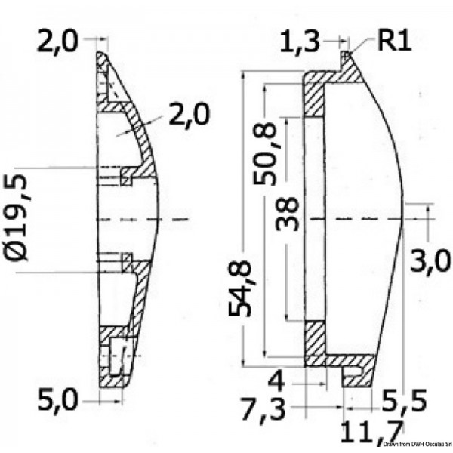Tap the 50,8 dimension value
tap(264, 154)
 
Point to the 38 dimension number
tap(287, 214)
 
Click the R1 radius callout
tap(394, 41)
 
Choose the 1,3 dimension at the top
tap(300, 42)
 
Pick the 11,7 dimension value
tap(371, 431)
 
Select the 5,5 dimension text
tap(404, 401)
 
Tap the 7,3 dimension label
tap(263, 410)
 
